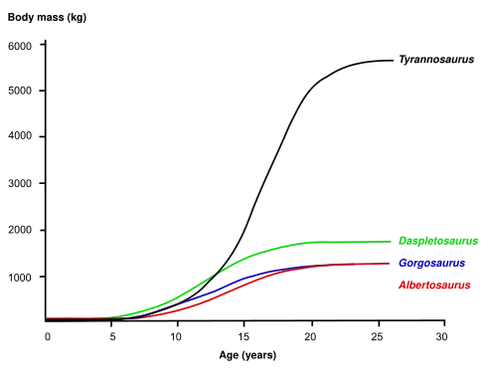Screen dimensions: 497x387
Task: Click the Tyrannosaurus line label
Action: pyautogui.click(x=436, y=60)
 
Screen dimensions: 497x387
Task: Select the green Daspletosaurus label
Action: pyautogui.click(x=438, y=241)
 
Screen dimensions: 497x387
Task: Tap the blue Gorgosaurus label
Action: pyautogui.click(x=431, y=263)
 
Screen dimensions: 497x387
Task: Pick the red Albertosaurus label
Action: pyautogui.click(x=434, y=285)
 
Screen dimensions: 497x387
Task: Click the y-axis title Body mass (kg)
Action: pyautogui.click(x=47, y=18)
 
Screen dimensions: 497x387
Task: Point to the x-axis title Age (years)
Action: pyautogui.click(x=248, y=355)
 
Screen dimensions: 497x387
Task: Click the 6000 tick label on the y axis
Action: pyautogui.click(x=20, y=46)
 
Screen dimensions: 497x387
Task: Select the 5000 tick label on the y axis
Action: pyautogui.click(x=20, y=91)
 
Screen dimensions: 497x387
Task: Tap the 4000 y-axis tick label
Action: pyautogui.click(x=20, y=135)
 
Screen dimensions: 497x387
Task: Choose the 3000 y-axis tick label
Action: pyautogui.click(x=20, y=183)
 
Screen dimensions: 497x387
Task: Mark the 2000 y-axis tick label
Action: pyautogui.click(x=20, y=230)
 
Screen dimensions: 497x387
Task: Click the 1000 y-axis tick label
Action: pyautogui.click(x=20, y=278)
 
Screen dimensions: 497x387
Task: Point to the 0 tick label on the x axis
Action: pyautogui.click(x=48, y=337)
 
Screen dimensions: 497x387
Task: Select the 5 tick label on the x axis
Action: pyautogui.click(x=112, y=337)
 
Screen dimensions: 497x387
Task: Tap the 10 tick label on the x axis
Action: pyautogui.click(x=176, y=337)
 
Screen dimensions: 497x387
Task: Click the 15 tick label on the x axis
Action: pyautogui.click(x=244, y=337)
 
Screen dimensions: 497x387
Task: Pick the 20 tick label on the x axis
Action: pyautogui.click(x=310, y=337)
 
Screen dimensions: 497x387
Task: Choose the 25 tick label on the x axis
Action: pyautogui.click(x=377, y=337)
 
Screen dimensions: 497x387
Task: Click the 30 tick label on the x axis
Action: pyautogui.click(x=441, y=337)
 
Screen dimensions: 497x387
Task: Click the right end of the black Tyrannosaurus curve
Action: pyautogui.click(x=393, y=61)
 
